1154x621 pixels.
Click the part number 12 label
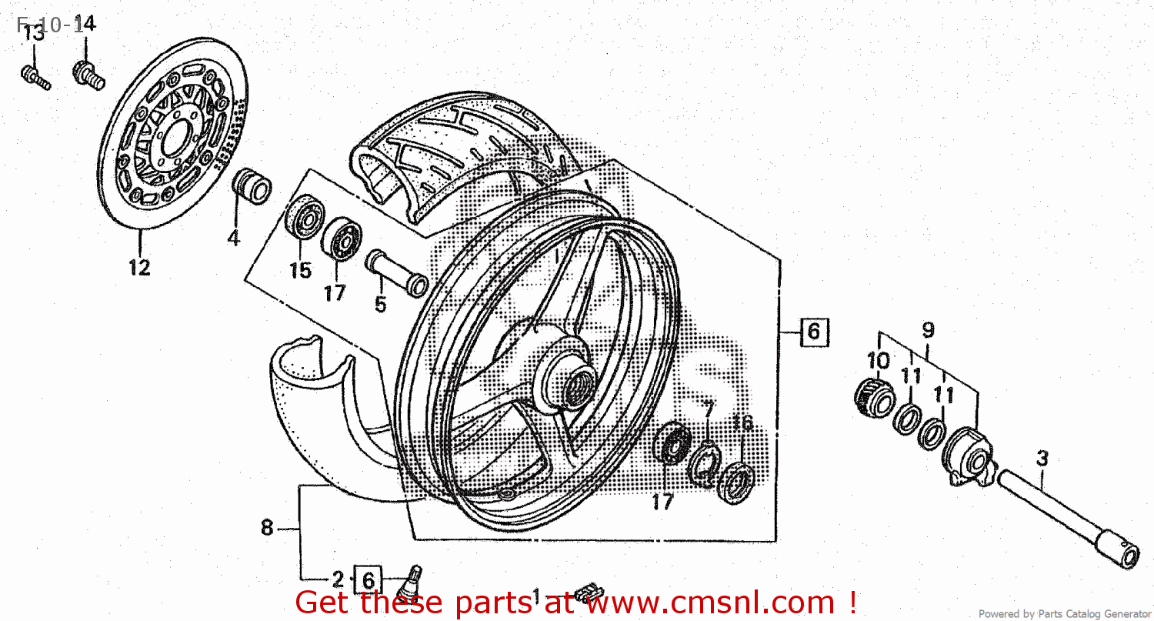click(139, 267)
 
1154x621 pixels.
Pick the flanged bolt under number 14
click(88, 75)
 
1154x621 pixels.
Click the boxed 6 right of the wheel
click(813, 332)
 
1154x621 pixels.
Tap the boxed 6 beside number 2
click(367, 579)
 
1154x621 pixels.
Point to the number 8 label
click(266, 528)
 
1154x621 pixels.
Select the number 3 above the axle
click(1042, 459)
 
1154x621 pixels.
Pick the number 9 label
click(929, 330)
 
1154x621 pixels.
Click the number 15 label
click(300, 270)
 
